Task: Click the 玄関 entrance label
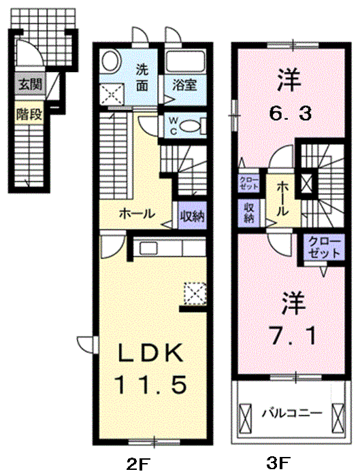click(x=29, y=85)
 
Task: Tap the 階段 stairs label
click(x=29, y=114)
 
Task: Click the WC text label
click(x=171, y=125)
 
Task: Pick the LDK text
click(x=152, y=354)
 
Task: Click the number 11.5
click(x=151, y=386)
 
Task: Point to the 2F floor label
click(x=138, y=465)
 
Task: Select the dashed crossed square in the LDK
click(x=195, y=292)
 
